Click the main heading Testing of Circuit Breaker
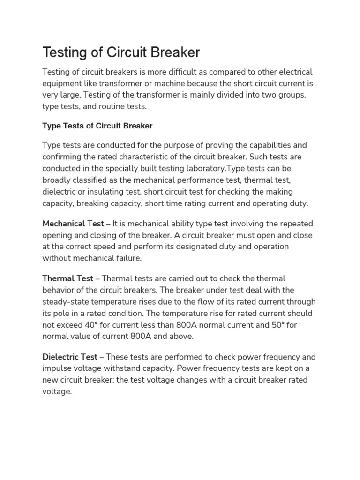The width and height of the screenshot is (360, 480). point(121,52)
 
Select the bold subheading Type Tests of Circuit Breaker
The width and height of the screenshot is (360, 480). point(97,126)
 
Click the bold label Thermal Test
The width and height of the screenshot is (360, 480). point(67,278)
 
